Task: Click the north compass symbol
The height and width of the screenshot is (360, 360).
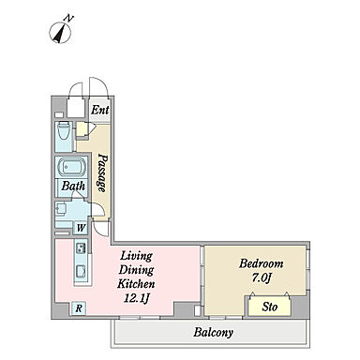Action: click(x=60, y=33)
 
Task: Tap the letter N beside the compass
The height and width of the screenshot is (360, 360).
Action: click(x=68, y=18)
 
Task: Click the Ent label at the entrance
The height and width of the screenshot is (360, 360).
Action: click(x=100, y=110)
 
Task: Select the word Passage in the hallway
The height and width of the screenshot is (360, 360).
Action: click(x=102, y=172)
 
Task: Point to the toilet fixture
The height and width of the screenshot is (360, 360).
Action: click(x=65, y=132)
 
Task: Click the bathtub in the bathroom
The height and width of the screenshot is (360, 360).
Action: click(x=72, y=167)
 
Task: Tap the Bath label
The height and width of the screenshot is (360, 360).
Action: click(x=73, y=186)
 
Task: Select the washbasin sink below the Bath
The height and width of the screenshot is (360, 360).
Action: click(x=61, y=208)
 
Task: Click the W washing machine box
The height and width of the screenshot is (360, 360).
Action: click(x=81, y=228)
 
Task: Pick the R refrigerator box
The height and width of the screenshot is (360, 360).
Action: click(x=79, y=308)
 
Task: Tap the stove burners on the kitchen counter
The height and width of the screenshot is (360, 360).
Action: click(x=82, y=248)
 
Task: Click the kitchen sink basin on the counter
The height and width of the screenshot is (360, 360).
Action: click(x=82, y=271)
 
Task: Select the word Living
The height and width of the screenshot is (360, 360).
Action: click(x=137, y=256)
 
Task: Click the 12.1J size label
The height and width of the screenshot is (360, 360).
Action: click(x=136, y=298)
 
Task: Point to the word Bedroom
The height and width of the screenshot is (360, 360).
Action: click(x=262, y=263)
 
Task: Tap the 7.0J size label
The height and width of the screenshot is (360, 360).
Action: click(x=261, y=277)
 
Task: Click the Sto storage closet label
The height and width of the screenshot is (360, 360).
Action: click(x=269, y=307)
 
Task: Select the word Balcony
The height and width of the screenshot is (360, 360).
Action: click(x=213, y=332)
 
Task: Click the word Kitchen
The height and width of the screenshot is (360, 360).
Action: click(x=136, y=284)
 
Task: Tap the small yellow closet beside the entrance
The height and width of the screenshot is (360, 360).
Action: click(x=82, y=129)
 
